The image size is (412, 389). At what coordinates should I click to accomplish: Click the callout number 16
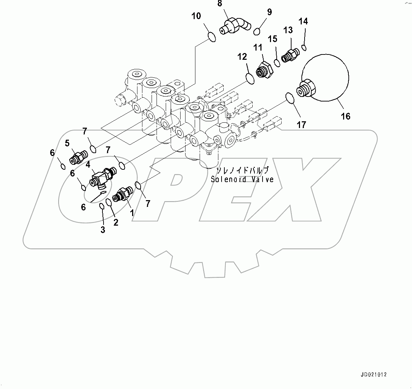(345, 116)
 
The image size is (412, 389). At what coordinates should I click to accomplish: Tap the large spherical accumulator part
(325, 78)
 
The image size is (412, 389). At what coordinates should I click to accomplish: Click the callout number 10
(196, 16)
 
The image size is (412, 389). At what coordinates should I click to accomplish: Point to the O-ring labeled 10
(211, 36)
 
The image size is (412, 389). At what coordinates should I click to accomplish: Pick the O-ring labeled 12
(249, 79)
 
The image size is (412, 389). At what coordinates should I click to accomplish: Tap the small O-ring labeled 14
(304, 47)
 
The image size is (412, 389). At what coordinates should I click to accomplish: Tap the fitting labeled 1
(122, 195)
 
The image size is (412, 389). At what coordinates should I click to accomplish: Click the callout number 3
(102, 230)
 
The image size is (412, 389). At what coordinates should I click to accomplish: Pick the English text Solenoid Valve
(242, 179)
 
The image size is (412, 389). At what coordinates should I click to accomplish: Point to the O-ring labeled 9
(257, 31)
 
